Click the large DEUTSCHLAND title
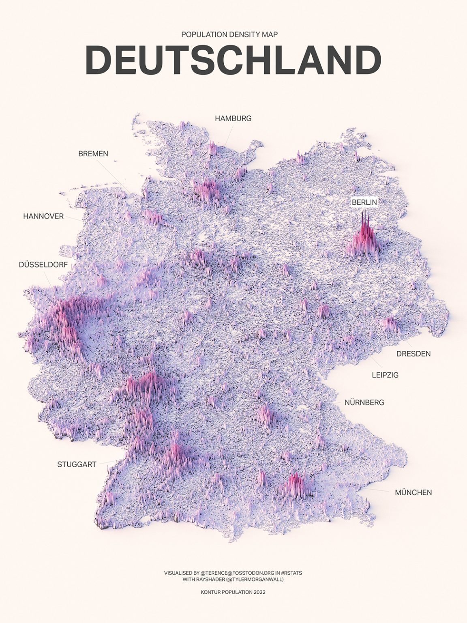tap(233, 60)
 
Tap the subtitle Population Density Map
tap(229, 34)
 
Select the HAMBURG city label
tap(233, 118)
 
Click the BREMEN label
tap(93, 154)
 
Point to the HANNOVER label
tap(43, 216)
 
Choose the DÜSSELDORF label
tap(43, 265)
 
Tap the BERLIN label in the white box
tap(364, 202)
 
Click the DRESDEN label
tap(413, 354)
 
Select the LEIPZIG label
tap(385, 375)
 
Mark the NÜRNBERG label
tap(364, 403)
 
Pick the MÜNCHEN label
tap(413, 492)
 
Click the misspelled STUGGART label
tap(77, 464)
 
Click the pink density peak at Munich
tap(296, 485)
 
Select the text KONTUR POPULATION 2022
tap(233, 592)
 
